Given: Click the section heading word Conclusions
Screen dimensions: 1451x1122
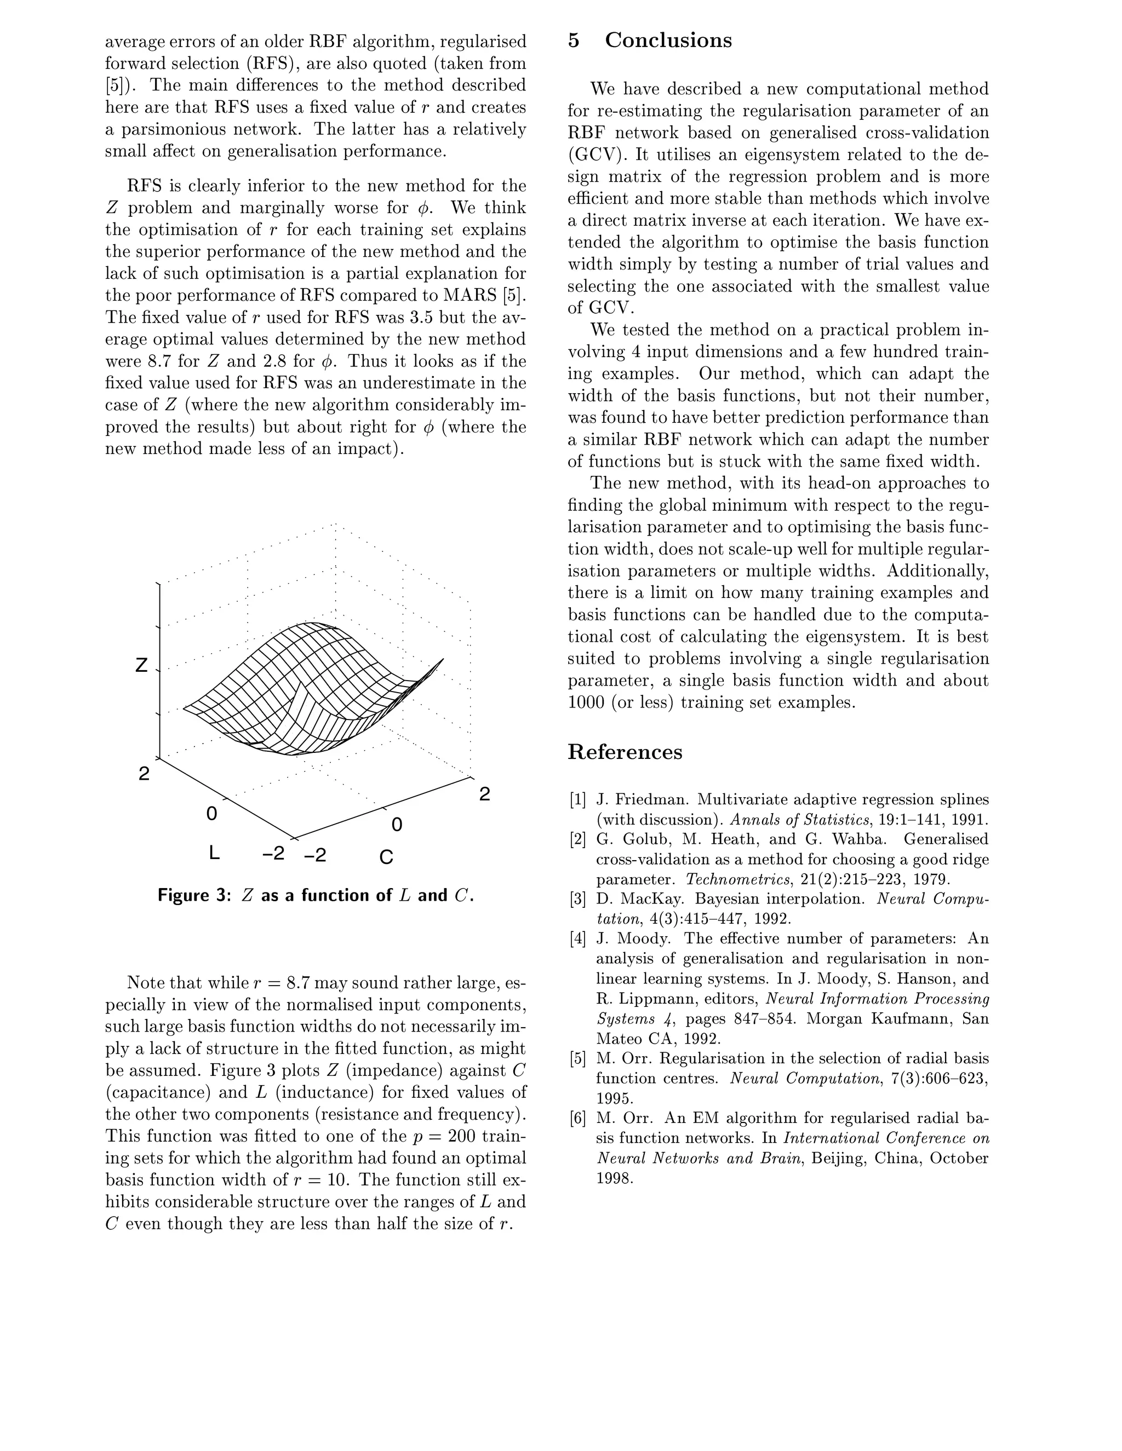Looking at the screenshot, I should pyautogui.click(x=667, y=41).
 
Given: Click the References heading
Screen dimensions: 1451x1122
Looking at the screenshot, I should pyautogui.click(x=624, y=752).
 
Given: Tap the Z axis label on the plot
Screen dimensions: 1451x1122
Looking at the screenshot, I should pyautogui.click(x=141, y=665).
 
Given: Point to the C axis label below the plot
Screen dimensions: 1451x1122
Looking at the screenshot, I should pyautogui.click(x=386, y=857).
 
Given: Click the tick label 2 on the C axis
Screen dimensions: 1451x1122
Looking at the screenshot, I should pyautogui.click(x=484, y=794).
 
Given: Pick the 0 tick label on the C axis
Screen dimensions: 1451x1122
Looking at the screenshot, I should pyautogui.click(x=397, y=825).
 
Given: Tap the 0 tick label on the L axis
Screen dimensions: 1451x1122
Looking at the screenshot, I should pyautogui.click(x=211, y=813).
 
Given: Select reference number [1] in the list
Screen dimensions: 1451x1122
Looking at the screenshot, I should pyautogui.click(x=577, y=799).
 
